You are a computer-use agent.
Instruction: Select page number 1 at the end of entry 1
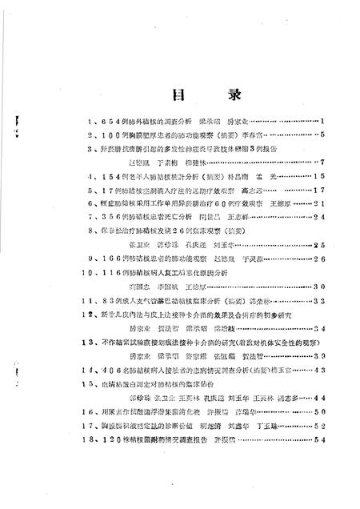319,121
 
